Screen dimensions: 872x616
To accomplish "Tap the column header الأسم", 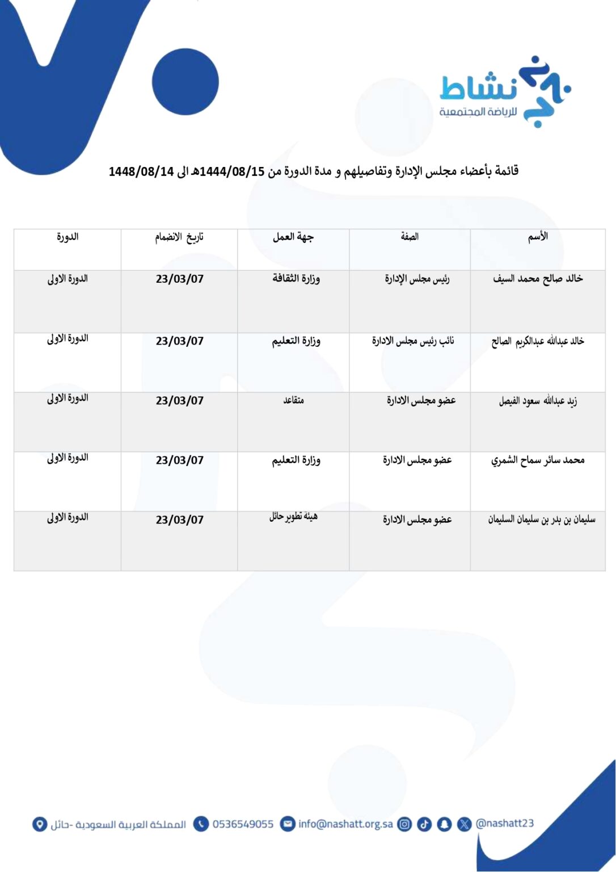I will [x=538, y=237].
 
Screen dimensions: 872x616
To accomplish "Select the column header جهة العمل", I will [x=293, y=237].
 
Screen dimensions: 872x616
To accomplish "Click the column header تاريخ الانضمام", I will [x=179, y=237].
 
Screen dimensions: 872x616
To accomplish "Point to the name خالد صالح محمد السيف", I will [x=538, y=279].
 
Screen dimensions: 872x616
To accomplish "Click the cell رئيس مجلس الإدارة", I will [x=417, y=279].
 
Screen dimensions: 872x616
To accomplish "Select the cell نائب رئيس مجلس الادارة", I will [x=413, y=341].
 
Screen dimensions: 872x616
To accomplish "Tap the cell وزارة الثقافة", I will [x=296, y=279].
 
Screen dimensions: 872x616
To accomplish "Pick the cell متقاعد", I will [x=293, y=401].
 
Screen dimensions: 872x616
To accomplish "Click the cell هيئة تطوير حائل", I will [x=293, y=517].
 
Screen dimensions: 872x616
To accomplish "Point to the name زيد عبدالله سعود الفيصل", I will [x=538, y=401].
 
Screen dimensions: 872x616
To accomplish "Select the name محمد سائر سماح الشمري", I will [x=538, y=460].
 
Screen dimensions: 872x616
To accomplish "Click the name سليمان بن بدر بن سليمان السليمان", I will [x=542, y=519].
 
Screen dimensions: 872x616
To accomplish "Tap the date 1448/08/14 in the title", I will [x=141, y=171].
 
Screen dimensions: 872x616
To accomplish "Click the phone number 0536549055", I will [x=243, y=824].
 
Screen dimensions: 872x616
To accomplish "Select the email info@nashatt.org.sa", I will [x=345, y=824].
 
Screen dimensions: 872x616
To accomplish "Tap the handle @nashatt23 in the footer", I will [x=504, y=823].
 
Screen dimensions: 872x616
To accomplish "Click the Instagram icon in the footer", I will [x=404, y=824].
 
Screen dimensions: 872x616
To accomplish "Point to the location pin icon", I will [x=39, y=824].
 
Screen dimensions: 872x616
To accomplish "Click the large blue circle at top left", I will [x=185, y=82].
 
